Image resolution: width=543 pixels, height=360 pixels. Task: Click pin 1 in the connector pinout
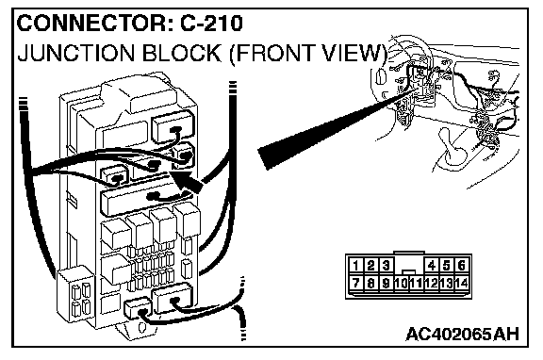[355, 266]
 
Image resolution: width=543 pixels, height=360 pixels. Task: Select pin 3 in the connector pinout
[386, 266]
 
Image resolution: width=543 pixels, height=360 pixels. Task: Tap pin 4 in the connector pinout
[432, 266]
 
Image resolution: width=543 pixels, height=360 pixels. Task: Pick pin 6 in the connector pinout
[461, 266]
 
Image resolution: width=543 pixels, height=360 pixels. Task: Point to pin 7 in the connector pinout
[355, 283]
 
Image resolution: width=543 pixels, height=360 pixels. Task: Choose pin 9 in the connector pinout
[386, 283]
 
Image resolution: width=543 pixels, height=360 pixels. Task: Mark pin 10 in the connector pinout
[401, 283]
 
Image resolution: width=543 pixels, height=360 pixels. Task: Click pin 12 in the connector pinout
[432, 283]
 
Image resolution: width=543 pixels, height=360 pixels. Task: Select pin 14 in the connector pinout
[462, 283]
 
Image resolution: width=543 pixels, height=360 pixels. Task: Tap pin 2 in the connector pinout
[370, 266]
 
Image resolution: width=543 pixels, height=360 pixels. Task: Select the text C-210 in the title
[211, 24]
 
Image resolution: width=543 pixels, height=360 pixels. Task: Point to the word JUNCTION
[75, 54]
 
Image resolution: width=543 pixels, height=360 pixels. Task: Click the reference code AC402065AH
[463, 335]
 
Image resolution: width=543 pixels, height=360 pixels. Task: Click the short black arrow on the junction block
[186, 181]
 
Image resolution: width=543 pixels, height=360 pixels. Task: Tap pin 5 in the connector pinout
[447, 266]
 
